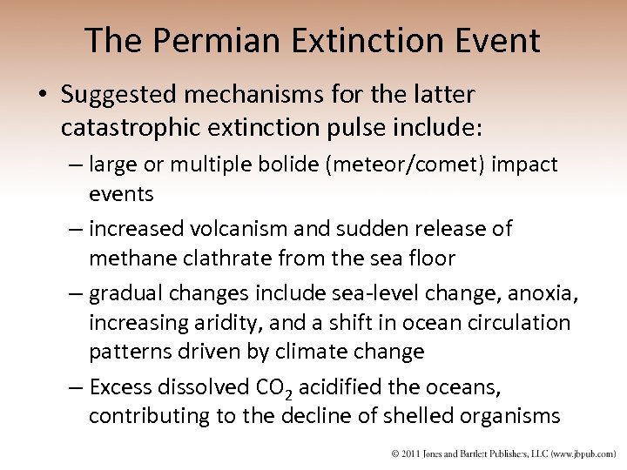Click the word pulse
(x=357, y=129)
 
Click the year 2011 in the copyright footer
(x=415, y=454)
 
